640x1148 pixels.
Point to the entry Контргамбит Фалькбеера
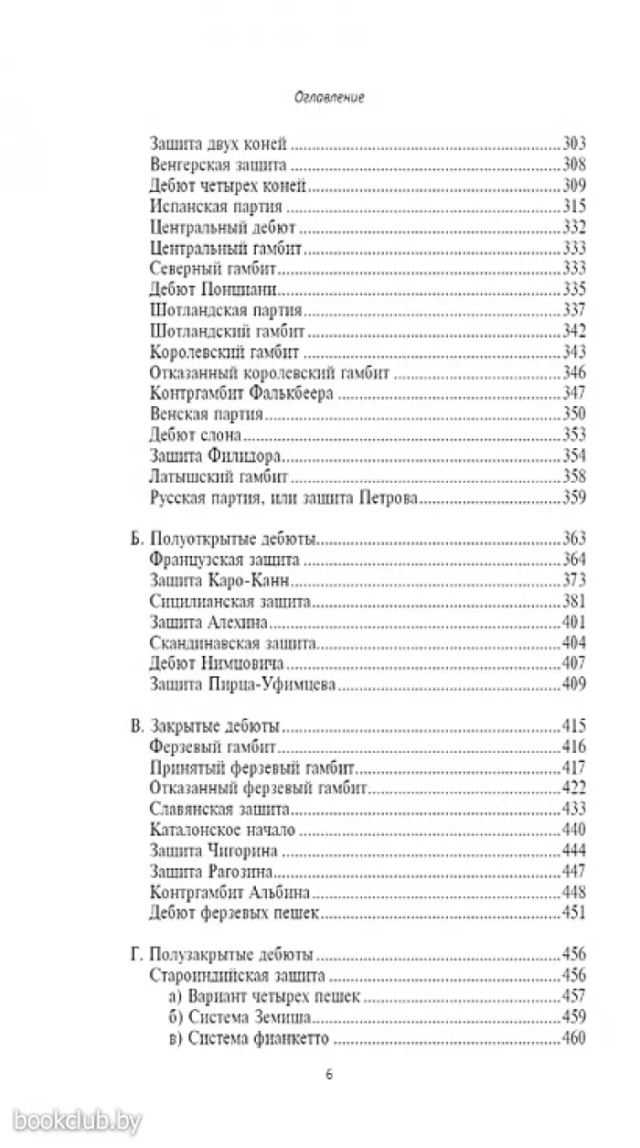pyautogui.click(x=239, y=393)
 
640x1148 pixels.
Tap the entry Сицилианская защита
pyautogui.click(x=219, y=601)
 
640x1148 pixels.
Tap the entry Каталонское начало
pyautogui.click(x=214, y=830)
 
